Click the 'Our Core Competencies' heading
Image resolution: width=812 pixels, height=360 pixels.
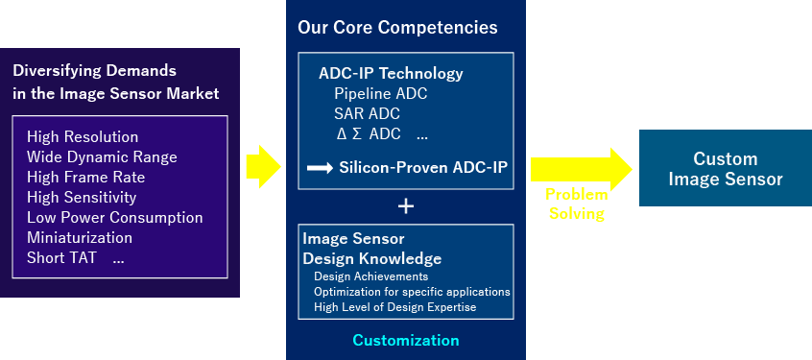click(397, 28)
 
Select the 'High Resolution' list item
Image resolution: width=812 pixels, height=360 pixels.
click(83, 136)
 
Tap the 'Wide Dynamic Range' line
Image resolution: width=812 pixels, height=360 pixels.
click(102, 156)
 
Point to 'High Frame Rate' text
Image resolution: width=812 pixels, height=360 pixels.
click(86, 178)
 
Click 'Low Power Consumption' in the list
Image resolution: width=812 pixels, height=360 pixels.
click(115, 218)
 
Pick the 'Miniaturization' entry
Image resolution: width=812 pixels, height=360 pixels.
click(80, 238)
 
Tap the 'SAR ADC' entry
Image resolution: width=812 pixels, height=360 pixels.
click(368, 114)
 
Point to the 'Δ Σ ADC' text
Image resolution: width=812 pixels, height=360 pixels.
click(369, 133)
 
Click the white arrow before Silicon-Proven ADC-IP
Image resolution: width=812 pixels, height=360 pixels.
click(320, 168)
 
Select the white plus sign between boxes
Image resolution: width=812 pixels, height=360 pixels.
click(406, 206)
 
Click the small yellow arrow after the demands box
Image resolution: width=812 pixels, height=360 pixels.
click(264, 167)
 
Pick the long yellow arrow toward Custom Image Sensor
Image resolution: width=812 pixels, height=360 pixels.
click(582, 169)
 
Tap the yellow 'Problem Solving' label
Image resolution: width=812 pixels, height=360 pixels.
click(577, 204)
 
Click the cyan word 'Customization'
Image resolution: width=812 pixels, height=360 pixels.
click(406, 340)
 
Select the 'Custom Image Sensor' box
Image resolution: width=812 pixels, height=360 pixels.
click(726, 168)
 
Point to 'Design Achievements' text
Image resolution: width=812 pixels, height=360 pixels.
click(370, 276)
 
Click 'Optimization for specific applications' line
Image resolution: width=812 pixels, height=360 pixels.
click(412, 292)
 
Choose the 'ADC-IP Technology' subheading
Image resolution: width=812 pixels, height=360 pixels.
click(391, 74)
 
